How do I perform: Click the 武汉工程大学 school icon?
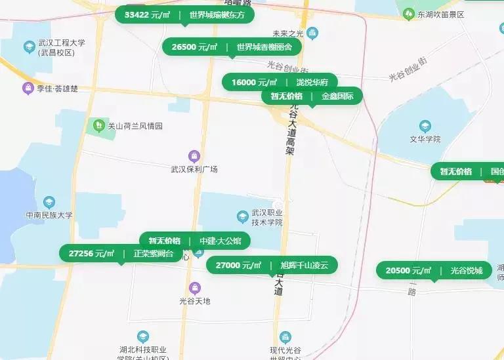(29, 47)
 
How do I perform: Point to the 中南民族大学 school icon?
(49, 203)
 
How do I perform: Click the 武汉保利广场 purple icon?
(194, 156)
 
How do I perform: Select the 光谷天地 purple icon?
(194, 288)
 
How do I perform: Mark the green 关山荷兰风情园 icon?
(98, 125)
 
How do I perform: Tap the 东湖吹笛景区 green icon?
(408, 14)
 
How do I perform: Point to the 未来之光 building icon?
(312, 32)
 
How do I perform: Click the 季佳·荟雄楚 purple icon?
(28, 88)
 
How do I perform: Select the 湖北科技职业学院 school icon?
(142, 337)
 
